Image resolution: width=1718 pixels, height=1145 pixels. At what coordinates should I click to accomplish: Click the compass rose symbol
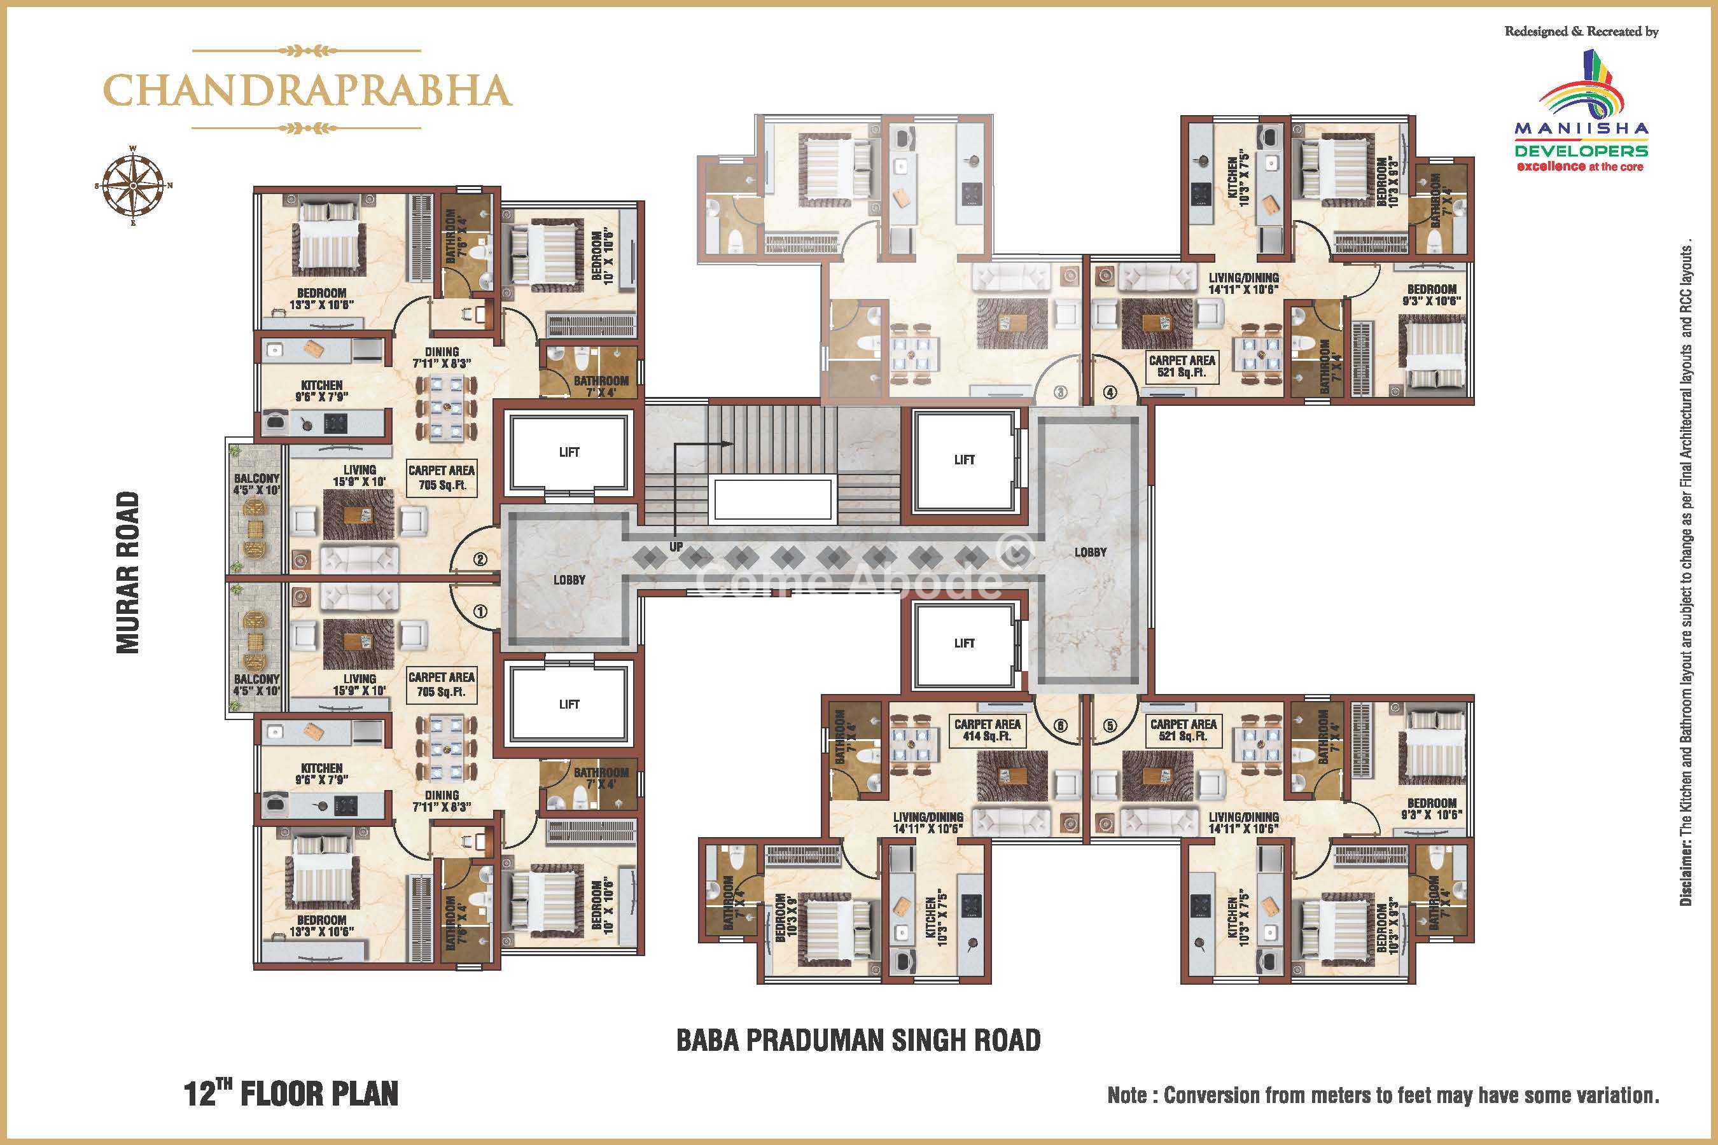pos(134,186)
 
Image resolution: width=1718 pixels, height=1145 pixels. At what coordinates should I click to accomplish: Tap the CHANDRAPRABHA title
pos(307,90)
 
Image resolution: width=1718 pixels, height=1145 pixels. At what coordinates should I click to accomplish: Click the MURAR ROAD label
pos(128,572)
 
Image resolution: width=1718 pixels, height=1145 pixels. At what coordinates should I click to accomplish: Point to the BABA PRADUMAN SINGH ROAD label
pos(858,1040)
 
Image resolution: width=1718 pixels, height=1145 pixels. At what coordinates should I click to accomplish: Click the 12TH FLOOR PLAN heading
pos(291,1093)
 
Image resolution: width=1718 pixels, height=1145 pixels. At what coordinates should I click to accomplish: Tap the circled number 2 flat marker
pos(480,560)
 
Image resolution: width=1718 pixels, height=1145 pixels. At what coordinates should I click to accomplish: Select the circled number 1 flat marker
pos(480,611)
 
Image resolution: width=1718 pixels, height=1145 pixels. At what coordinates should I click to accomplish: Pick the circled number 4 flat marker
pos(1110,392)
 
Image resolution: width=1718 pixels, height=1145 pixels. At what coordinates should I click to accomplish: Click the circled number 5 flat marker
pos(1110,726)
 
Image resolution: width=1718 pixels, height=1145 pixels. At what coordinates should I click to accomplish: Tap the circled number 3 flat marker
pos(1061,392)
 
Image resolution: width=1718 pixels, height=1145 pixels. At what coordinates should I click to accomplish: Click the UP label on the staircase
pos(676,546)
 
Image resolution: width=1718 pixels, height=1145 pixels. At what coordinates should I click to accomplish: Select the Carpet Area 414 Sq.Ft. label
pos(988,730)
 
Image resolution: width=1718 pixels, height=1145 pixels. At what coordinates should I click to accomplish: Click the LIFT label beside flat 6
pos(964,643)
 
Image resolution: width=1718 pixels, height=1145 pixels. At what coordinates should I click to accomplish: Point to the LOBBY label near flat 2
pos(569,579)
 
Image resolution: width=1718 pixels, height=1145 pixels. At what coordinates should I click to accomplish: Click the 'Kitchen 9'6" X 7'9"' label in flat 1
pos(321,774)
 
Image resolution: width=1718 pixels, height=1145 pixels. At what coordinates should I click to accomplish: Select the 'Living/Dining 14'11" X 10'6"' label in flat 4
pos(1243,283)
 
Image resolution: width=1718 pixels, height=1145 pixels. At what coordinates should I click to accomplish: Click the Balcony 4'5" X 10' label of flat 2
pos(256,484)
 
